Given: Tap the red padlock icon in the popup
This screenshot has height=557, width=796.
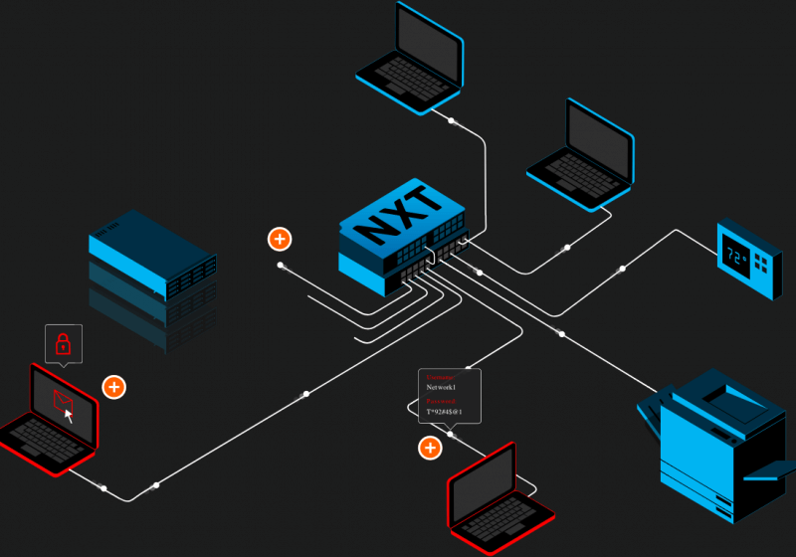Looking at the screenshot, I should [x=63, y=344].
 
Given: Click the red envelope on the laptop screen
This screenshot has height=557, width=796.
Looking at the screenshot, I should [x=63, y=401].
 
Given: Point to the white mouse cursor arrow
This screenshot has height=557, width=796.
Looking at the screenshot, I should [x=69, y=415].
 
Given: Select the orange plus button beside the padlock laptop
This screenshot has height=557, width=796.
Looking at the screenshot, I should [x=114, y=386].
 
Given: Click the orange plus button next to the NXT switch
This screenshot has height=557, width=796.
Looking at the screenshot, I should [x=280, y=239].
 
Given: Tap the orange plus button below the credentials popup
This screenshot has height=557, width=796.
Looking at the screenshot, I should [x=430, y=448].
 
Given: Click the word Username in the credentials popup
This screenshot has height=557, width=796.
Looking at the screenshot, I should [x=440, y=378].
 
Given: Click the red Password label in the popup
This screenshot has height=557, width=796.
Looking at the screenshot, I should [x=440, y=401].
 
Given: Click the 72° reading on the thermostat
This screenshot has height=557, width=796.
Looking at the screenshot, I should [x=735, y=256].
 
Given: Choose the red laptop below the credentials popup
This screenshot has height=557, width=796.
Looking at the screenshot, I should [x=498, y=497].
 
